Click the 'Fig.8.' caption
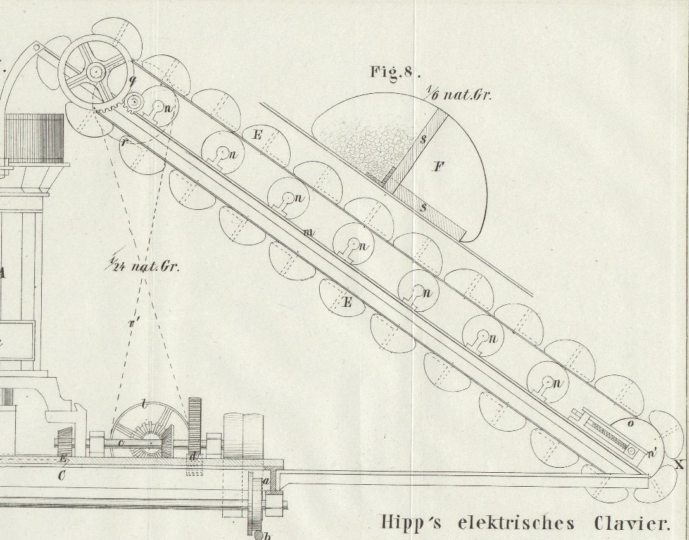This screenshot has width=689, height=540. click(x=395, y=72)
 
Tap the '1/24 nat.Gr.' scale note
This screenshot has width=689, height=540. click(x=143, y=266)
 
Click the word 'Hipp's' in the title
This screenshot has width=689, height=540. click(x=412, y=523)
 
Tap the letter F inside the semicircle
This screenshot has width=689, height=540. click(x=438, y=167)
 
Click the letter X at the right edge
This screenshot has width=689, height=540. click(x=679, y=465)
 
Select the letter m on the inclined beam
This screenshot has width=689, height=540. click(x=308, y=233)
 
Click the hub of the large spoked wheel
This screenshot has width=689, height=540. click(x=96, y=72)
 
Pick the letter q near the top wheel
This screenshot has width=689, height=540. click(x=132, y=80)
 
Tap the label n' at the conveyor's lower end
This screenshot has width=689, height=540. click(x=652, y=451)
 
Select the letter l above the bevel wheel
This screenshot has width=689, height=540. click(x=145, y=404)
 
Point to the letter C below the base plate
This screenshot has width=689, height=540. click(x=61, y=475)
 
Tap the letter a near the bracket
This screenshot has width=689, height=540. click(x=266, y=482)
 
